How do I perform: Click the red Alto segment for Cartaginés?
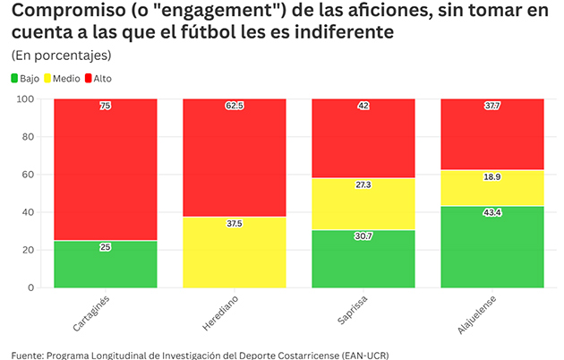[106, 170]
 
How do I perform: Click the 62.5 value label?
[235, 106]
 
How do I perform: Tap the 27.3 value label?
[363, 184]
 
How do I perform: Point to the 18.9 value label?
[491, 177]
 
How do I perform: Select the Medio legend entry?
[66, 79]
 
